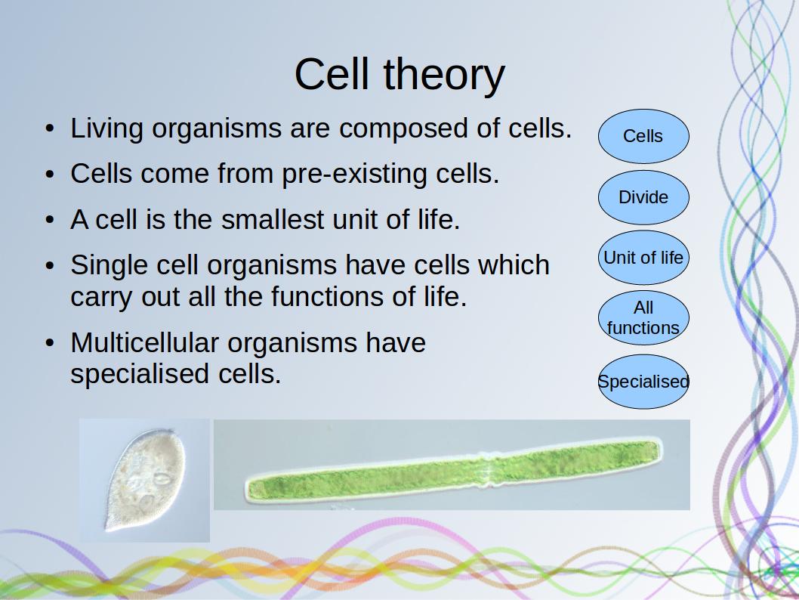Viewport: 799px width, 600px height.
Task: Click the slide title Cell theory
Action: [399, 75]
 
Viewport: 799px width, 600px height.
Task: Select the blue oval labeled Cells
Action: [643, 136]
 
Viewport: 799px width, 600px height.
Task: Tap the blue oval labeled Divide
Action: [643, 197]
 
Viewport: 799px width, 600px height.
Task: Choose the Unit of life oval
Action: [643, 258]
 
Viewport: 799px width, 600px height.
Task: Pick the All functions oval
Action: [643, 317]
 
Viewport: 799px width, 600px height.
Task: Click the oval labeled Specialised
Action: [643, 382]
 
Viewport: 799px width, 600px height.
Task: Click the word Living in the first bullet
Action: [106, 128]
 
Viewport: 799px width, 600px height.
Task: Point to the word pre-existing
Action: [355, 175]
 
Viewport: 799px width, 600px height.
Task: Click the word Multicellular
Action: [145, 342]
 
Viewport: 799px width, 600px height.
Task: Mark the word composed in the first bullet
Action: [403, 129]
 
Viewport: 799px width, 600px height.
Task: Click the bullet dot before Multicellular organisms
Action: [49, 342]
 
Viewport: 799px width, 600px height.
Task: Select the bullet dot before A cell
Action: [49, 220]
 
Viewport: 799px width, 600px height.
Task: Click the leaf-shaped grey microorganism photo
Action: [145, 480]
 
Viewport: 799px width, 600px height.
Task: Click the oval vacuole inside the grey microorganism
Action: [162, 478]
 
